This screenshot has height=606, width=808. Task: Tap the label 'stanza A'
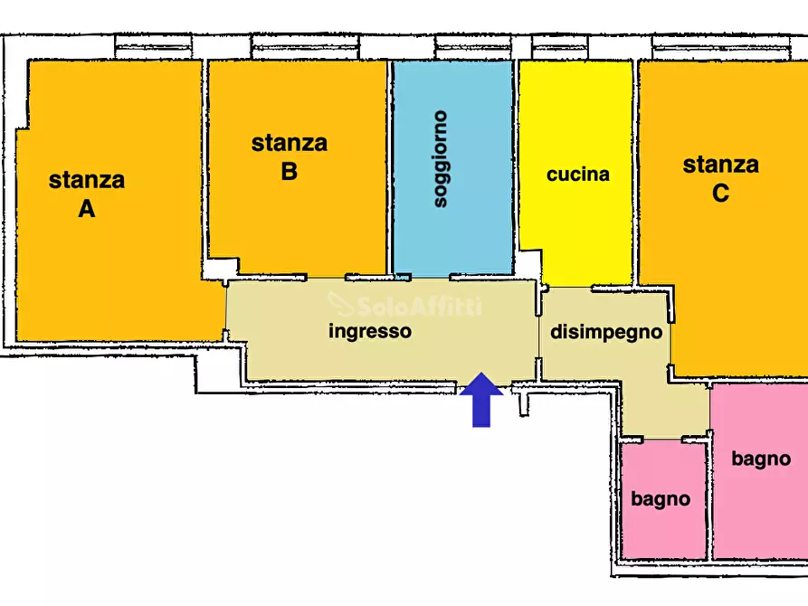coord(87,194)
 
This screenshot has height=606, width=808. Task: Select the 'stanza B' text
coord(290,156)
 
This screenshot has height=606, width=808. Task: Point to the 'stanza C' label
coord(720,178)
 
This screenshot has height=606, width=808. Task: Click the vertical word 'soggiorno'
coord(441,159)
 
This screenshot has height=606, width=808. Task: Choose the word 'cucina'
coord(578,175)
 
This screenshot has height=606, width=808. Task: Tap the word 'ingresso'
coord(369,331)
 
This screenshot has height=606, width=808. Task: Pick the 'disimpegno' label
coord(606,332)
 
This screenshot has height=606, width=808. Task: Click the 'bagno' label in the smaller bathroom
coord(661,498)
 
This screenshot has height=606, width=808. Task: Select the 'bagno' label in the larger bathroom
coord(761,459)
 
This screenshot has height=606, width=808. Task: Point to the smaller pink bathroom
coord(662,534)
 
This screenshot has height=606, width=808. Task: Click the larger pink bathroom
coord(760,516)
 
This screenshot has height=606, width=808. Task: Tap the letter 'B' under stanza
coord(290,171)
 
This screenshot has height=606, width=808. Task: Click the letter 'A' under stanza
coord(87,209)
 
